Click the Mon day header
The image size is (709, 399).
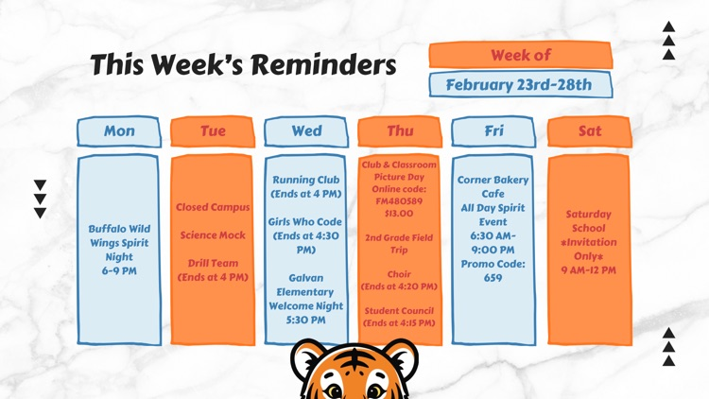[119, 131]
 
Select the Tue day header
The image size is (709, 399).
[213, 131]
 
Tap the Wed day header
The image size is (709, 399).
[306, 131]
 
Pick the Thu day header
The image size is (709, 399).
[400, 131]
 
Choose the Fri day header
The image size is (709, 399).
[493, 131]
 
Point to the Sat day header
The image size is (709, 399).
[589, 131]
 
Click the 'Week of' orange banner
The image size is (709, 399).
[520, 56]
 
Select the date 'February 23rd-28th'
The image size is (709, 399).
[519, 85]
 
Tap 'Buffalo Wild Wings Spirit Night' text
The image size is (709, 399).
[119, 242]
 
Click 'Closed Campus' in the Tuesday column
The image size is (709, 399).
[213, 207]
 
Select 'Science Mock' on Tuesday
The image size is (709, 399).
[213, 235]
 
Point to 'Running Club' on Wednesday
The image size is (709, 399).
[306, 180]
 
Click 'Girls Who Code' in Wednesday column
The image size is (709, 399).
[306, 222]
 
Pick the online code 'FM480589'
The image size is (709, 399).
[399, 201]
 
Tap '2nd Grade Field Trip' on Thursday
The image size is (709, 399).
[399, 244]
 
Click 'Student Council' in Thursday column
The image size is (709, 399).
[399, 310]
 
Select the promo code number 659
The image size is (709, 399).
[493, 278]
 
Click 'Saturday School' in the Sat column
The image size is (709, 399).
[589, 221]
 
